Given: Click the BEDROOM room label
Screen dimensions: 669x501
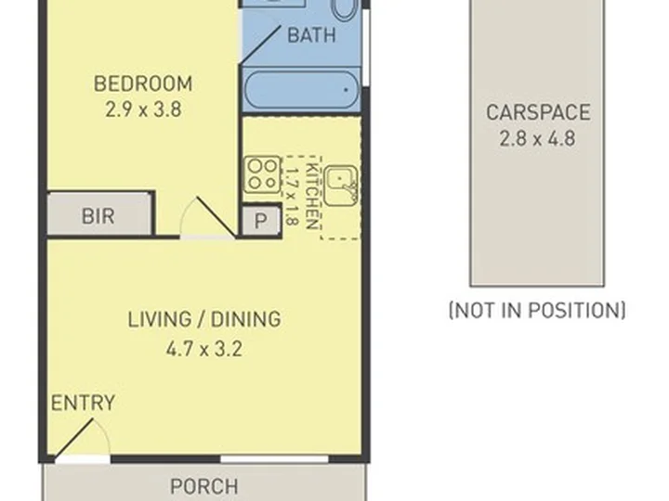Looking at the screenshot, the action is click(x=143, y=83).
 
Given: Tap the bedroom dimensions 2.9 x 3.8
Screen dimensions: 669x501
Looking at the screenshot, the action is click(x=143, y=109).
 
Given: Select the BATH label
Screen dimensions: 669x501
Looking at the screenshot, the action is click(x=311, y=35).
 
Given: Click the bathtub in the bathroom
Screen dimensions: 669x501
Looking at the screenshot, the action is click(x=302, y=90).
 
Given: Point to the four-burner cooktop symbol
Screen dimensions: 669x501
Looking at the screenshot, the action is click(x=262, y=174).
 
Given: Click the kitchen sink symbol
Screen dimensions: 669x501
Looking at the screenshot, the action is click(x=340, y=185).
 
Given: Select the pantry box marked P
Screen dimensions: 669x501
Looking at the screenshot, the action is click(x=261, y=220).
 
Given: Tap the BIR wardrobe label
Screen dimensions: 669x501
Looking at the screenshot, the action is click(x=98, y=216).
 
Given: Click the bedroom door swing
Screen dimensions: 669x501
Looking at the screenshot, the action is click(x=208, y=217).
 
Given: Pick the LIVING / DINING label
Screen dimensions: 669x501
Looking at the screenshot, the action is click(x=204, y=319).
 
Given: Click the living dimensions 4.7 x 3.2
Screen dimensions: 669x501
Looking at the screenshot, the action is click(x=204, y=350).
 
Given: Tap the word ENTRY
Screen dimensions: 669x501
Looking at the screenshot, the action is click(x=83, y=403).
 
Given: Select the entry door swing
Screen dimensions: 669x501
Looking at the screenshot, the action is click(x=82, y=438).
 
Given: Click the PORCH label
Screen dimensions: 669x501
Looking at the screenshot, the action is click(x=203, y=486).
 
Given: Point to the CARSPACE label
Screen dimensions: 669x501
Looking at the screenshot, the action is click(x=538, y=112).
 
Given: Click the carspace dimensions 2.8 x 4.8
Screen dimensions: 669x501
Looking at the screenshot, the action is click(x=538, y=138).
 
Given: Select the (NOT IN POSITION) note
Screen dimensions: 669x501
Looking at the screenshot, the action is click(x=538, y=310).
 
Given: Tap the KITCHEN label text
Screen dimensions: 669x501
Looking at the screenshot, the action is click(x=313, y=197).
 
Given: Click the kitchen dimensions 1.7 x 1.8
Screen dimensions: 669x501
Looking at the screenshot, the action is click(x=291, y=196).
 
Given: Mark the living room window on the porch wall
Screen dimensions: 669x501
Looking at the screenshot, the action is click(x=274, y=459).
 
